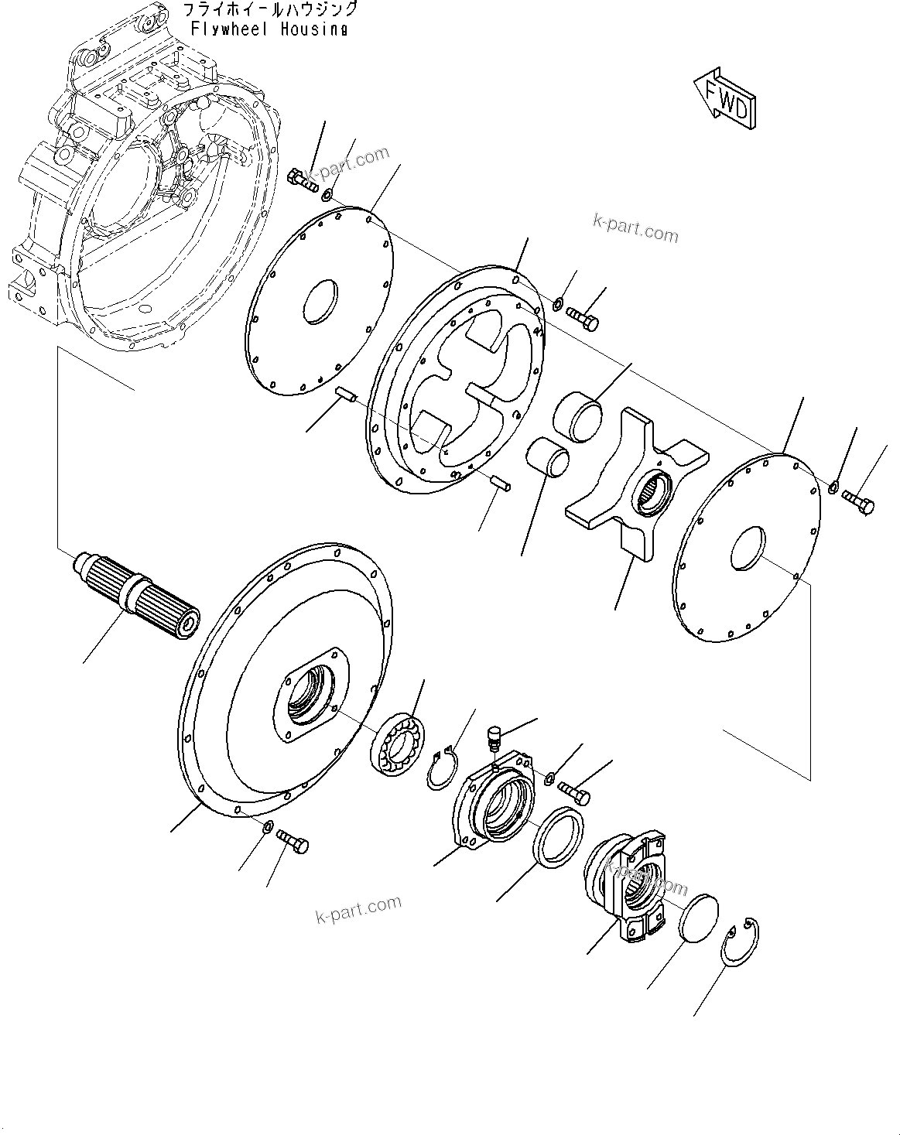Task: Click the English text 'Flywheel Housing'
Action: coord(269,29)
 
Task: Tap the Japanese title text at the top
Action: coord(269,10)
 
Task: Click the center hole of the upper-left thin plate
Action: coord(319,299)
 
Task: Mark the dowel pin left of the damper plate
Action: coord(345,396)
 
